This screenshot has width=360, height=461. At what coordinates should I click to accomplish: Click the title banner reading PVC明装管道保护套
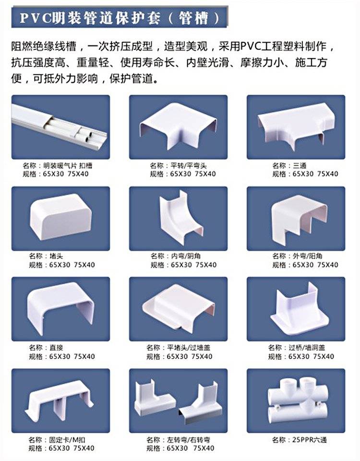[120, 18]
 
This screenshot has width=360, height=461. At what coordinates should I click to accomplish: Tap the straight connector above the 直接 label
[61, 309]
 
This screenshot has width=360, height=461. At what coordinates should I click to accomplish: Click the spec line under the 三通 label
[305, 174]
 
